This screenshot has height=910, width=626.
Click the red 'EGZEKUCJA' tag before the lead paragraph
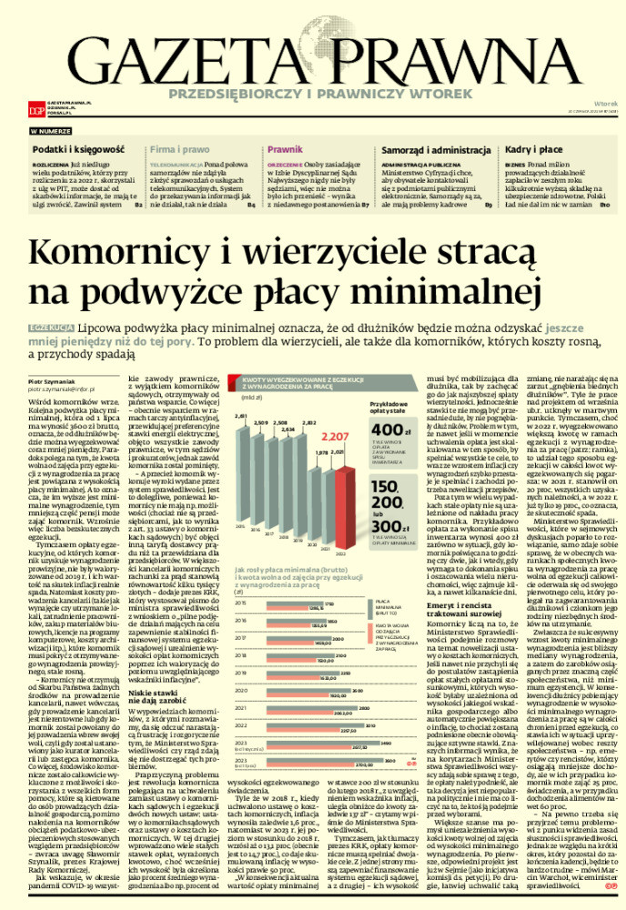pyautogui.click(x=51, y=325)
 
